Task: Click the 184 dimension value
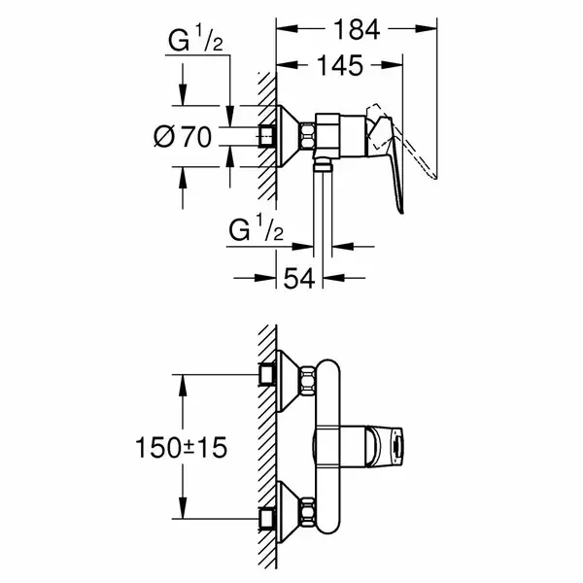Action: pyautogui.click(x=357, y=30)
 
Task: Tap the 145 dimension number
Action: pyautogui.click(x=340, y=65)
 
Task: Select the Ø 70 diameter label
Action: pyautogui.click(x=183, y=137)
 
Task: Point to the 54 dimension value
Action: pyautogui.click(x=299, y=278)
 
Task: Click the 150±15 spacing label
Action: pyautogui.click(x=181, y=447)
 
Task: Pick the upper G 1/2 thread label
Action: pyautogui.click(x=195, y=40)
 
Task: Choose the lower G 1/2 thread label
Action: pyautogui.click(x=257, y=229)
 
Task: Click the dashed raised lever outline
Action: pyautogui.click(x=401, y=141)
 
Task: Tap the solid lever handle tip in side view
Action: pyautogui.click(x=400, y=211)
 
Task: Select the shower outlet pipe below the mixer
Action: pyautogui.click(x=323, y=208)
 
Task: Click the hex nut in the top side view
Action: pyautogui.click(x=308, y=136)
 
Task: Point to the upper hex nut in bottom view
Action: pyautogui.click(x=308, y=380)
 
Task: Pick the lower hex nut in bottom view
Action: pyautogui.click(x=308, y=512)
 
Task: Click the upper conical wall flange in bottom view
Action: pyautogui.click(x=289, y=380)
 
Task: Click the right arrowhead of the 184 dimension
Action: pyautogui.click(x=427, y=28)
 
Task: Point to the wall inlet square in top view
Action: pyautogui.click(x=267, y=136)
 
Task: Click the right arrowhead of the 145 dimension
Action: pyautogui.click(x=393, y=65)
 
